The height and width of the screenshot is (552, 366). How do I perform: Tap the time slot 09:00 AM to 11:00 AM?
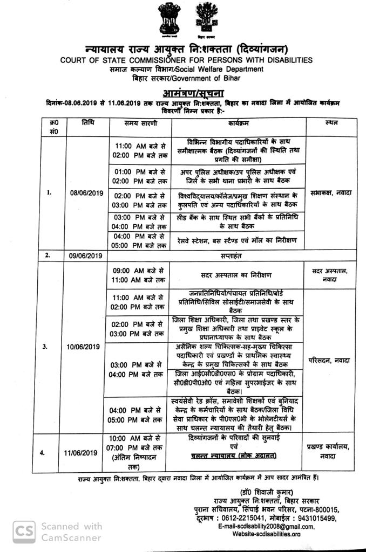138,274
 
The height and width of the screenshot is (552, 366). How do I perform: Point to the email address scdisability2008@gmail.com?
274,526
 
